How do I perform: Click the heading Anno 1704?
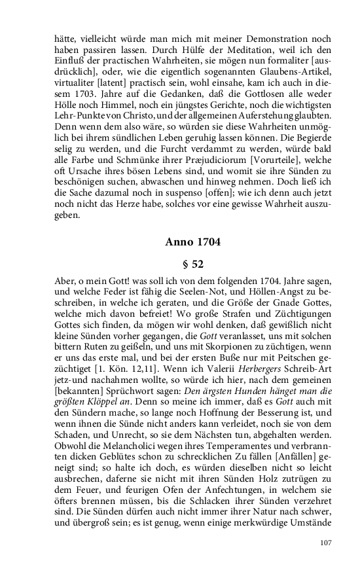point(193,242)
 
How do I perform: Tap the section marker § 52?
point(193,264)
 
